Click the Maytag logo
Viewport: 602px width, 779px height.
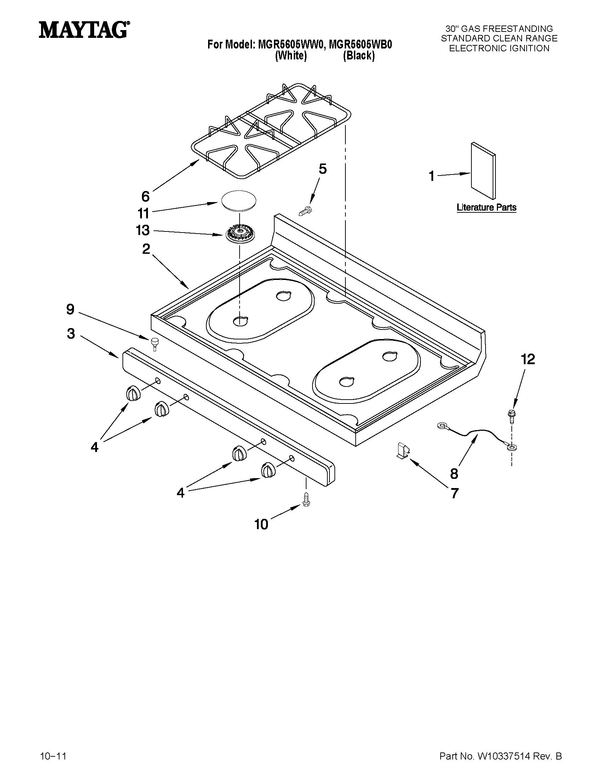(84, 30)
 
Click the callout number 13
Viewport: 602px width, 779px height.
(143, 230)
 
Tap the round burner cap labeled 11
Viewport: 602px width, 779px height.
(239, 201)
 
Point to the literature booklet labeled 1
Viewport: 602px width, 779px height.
(482, 171)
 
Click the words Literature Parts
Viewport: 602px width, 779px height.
(487, 207)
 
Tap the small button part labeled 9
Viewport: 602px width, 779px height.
(155, 342)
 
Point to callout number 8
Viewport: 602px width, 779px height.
(454, 474)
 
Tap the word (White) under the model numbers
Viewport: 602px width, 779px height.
(291, 56)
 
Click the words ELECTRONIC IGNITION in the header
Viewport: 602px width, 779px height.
(499, 48)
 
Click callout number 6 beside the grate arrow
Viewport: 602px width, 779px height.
(145, 196)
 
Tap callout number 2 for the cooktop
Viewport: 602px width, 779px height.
(146, 249)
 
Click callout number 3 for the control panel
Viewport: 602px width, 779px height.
(71, 333)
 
